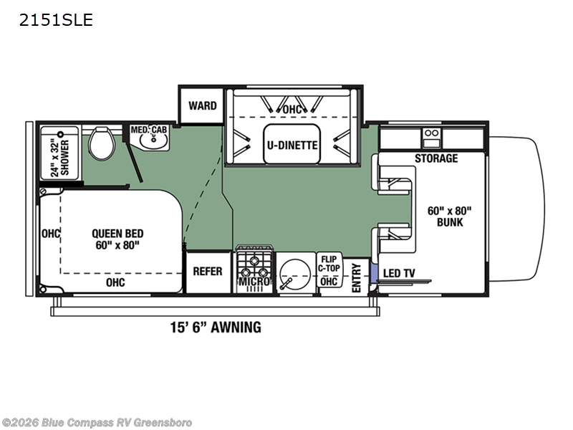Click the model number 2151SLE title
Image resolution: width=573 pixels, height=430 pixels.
pos(56,20)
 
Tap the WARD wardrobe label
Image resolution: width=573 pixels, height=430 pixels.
pos(203,105)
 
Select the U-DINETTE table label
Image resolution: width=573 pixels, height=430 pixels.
pos(292,145)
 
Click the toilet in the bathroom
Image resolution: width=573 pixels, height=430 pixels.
pos(102,143)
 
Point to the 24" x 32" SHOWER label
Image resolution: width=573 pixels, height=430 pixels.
pos(60,158)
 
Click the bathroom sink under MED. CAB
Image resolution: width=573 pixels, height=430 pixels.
pos(154,142)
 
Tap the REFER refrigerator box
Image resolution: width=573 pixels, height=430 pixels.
pos(208,272)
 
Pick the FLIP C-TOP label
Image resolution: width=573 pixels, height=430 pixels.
pos(329,264)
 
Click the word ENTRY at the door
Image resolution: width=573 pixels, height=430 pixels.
pos(356,278)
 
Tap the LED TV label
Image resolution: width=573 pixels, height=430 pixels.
pos(399,273)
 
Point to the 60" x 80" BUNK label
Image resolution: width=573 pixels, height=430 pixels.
pos(450,216)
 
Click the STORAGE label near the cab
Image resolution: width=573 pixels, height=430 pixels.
pos(436,158)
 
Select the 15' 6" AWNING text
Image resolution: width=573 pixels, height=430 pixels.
pos(216,328)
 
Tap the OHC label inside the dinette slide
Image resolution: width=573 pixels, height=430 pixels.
pos(292,110)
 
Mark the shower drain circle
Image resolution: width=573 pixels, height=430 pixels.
pos(61,134)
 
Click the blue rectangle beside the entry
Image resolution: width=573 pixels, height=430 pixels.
pos(374,272)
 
